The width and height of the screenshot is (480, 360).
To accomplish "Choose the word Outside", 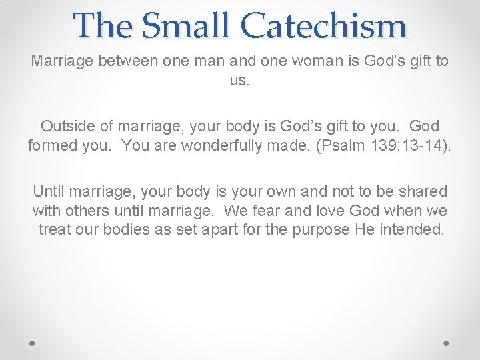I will pos(68,126).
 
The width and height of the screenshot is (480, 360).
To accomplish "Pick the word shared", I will pos(424,191).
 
